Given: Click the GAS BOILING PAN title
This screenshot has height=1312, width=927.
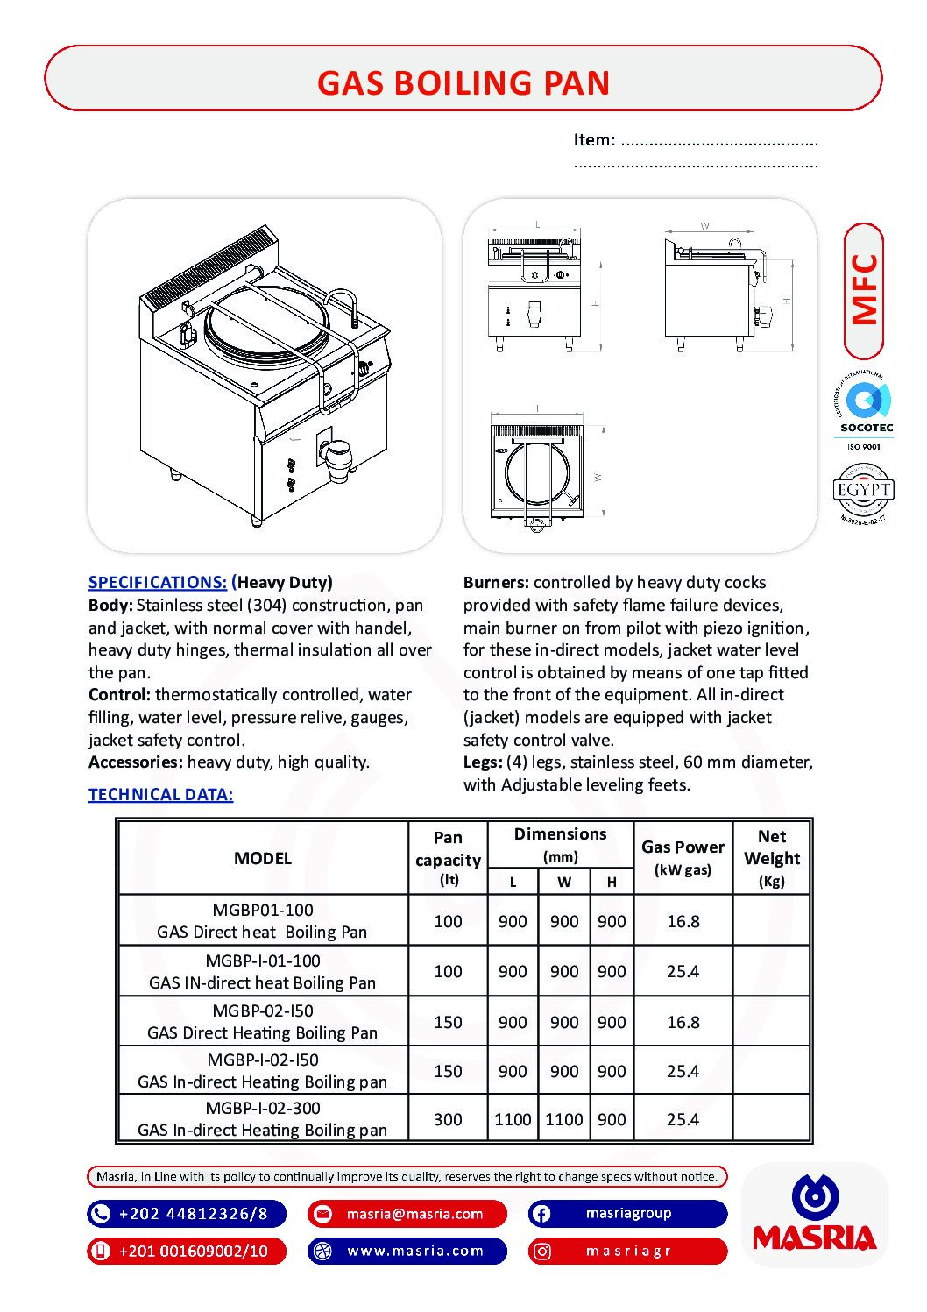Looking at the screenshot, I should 463,82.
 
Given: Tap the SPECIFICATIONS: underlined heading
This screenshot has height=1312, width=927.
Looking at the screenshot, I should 158,582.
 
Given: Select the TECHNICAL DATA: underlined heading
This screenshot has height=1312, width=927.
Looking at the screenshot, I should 160,794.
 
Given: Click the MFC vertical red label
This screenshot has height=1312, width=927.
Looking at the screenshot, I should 864,289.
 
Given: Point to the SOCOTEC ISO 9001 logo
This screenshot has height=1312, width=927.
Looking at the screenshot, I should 864,410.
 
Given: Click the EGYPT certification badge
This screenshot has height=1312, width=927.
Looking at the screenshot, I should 863,490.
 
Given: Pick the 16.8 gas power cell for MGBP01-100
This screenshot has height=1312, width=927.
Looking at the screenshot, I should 683,921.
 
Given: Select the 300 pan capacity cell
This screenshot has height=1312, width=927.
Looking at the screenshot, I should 448,1119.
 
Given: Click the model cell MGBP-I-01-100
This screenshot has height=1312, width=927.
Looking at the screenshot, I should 263,971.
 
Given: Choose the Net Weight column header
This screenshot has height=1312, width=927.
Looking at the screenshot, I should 771,857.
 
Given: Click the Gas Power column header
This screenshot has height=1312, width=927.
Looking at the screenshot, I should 683,857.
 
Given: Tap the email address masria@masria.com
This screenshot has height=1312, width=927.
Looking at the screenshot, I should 414,1214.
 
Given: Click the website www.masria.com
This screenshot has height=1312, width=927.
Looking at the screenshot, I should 414,1251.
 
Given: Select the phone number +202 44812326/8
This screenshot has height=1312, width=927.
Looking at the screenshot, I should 193,1214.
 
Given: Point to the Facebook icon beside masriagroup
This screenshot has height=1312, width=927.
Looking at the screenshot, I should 541,1214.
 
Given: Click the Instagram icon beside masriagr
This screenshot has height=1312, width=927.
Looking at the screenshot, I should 541,1251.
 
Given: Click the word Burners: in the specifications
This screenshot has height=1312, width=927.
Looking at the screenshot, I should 496,582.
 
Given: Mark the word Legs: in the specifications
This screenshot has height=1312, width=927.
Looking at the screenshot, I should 483,762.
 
